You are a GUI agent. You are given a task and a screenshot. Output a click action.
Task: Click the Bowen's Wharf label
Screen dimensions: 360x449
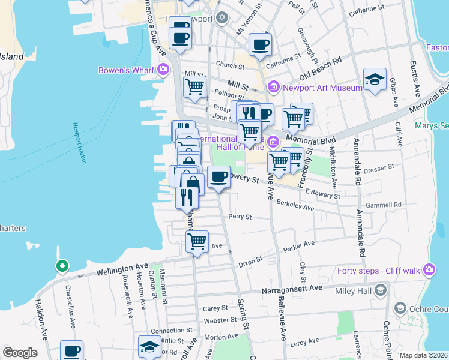coord(126,70)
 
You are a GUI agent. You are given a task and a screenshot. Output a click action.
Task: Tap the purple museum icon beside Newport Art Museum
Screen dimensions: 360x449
coord(274,88)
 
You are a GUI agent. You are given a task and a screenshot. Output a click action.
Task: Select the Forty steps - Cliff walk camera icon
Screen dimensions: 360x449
coord(429,269)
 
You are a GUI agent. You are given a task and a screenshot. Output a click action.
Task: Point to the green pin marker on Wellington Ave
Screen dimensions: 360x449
coord(61,266)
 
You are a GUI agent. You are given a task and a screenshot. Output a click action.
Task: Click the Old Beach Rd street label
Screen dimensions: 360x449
coord(321,61)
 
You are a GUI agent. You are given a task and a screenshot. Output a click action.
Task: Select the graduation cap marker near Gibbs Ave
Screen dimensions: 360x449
coord(375,79)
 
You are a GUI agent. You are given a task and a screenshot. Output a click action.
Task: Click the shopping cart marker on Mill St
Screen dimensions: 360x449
coord(195,88)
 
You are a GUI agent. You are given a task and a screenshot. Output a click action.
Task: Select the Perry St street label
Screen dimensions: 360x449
coord(239,216)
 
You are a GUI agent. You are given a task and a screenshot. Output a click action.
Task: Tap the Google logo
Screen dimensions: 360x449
coord(20,352)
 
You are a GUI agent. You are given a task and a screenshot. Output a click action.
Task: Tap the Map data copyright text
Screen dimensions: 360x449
coord(423,355)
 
